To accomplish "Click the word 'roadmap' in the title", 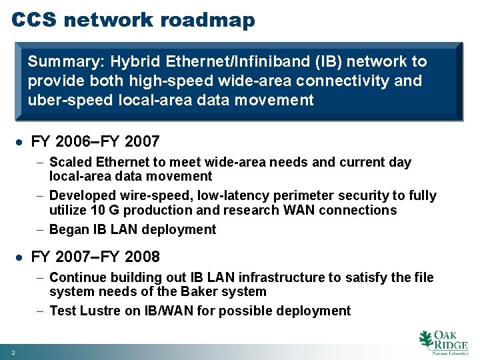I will (207, 20).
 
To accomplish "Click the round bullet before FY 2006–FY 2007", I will (21, 142).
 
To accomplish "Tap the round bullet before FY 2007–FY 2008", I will (21, 257).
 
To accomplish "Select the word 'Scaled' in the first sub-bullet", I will (71, 162).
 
